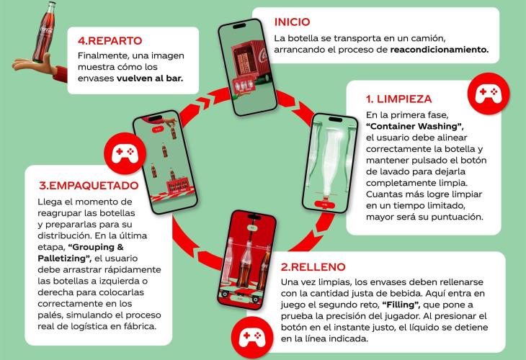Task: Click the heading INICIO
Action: coord(293,22)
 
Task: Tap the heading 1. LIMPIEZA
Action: coord(399,99)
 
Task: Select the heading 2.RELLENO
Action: coord(313,267)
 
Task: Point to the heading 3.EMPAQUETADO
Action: coord(89,185)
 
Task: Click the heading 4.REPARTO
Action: coord(110,40)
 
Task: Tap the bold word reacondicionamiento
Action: coord(440,50)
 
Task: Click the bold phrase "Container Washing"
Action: coord(415,127)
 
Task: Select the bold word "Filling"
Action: coord(403,305)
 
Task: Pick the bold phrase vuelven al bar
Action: coord(150,78)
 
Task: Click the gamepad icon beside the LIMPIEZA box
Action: coord(488,94)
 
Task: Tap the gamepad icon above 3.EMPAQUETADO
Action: coord(125,153)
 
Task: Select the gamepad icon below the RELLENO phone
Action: coord(252,338)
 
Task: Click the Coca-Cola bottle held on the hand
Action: coord(45,32)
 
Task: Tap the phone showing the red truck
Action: coord(248,67)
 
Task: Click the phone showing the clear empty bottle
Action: coord(330,163)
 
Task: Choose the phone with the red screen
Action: coord(247,258)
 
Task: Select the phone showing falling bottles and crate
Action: coord(165,162)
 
